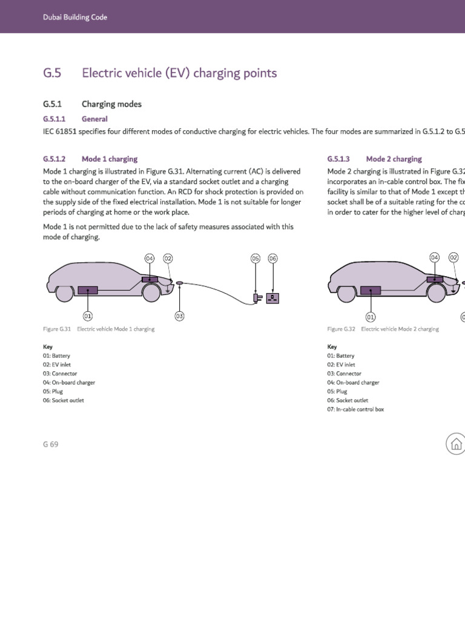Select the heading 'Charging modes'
(x=111, y=104)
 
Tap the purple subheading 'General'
(x=94, y=119)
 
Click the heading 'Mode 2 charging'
(x=394, y=159)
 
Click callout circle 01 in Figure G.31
(x=88, y=315)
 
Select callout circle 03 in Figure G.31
(x=179, y=315)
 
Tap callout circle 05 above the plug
(x=256, y=259)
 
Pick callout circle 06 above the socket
(x=272, y=259)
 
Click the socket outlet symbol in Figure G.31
(x=272, y=298)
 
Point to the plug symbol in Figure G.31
(x=257, y=298)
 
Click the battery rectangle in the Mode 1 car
(x=88, y=291)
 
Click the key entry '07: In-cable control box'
(x=355, y=409)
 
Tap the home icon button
(x=456, y=444)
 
